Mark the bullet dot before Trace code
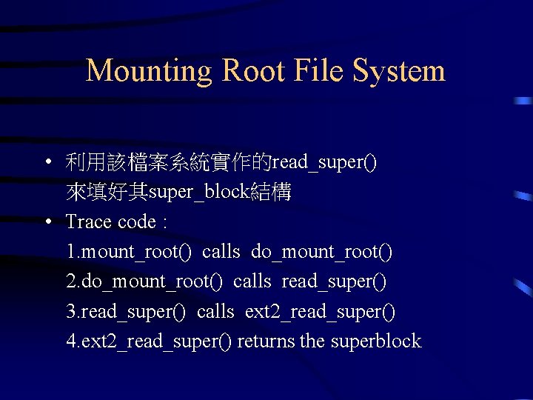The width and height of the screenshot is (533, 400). point(47,222)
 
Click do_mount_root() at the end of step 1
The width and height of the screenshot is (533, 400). point(322,252)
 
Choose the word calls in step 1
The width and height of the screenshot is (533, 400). point(221,252)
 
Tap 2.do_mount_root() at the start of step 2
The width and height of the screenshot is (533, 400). point(144,281)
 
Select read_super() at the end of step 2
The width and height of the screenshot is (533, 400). point(334,281)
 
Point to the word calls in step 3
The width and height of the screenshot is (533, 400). point(215,311)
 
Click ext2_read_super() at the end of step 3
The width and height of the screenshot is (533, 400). point(320,311)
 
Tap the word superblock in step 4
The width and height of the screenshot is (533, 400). point(376,341)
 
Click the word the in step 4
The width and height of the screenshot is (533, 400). point(313,341)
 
